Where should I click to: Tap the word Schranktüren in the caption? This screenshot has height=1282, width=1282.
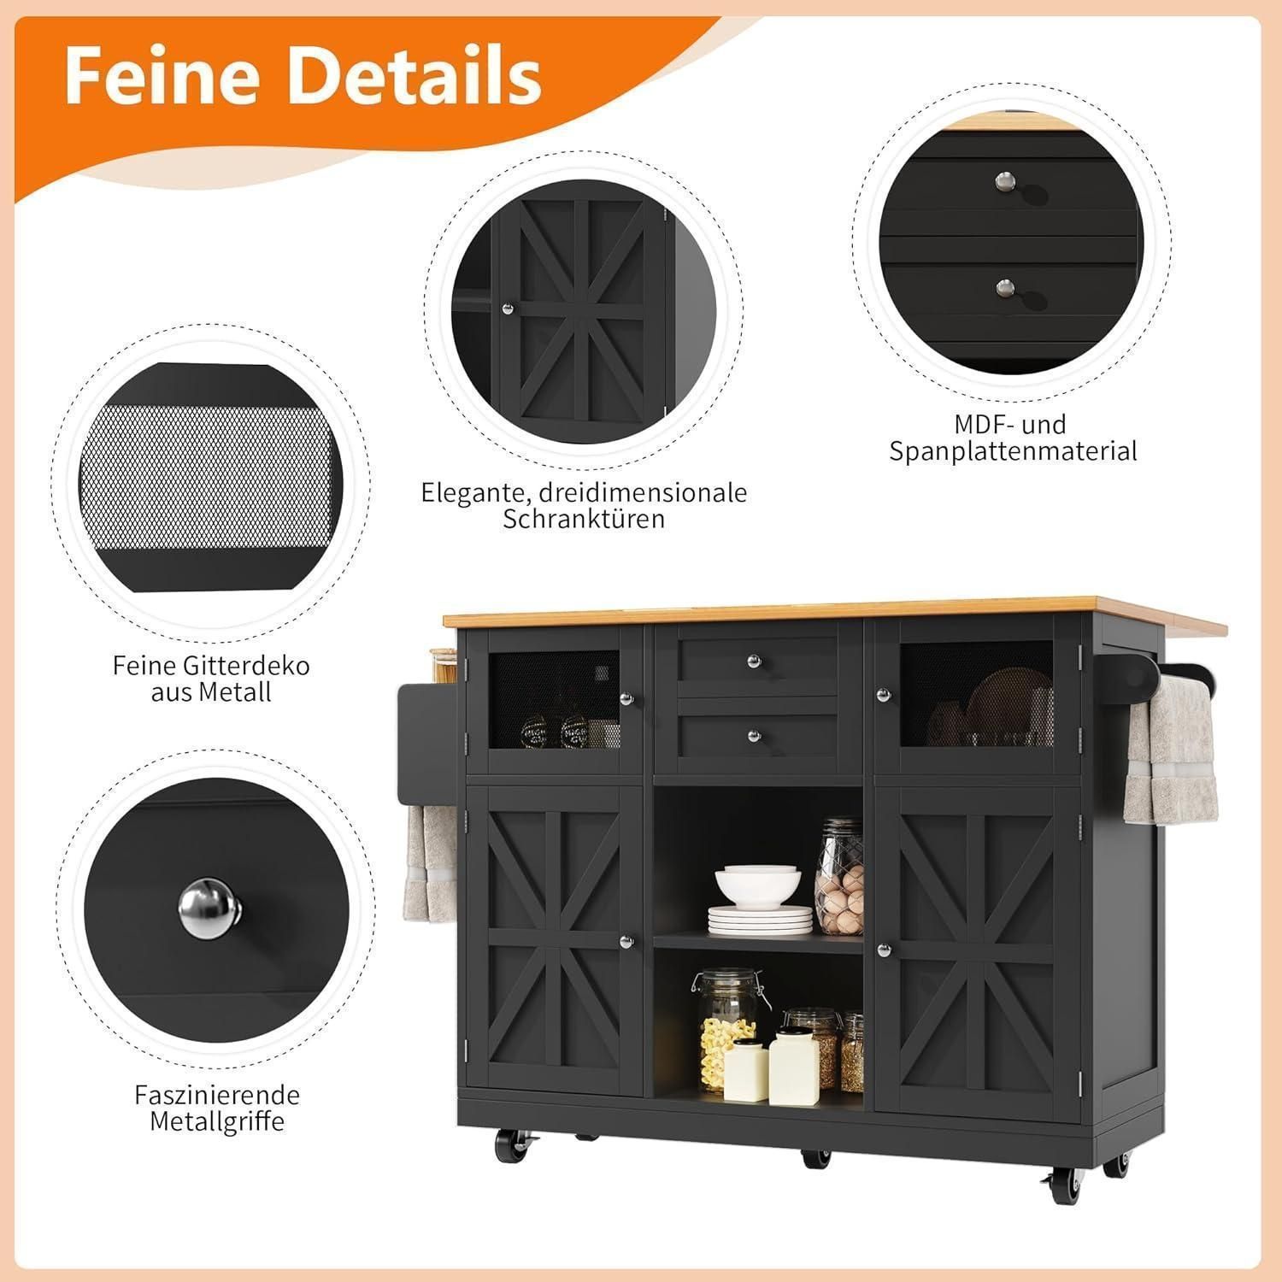(x=584, y=519)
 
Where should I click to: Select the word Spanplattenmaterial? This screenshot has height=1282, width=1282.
(x=1014, y=451)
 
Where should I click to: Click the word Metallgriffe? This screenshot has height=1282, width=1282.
(x=216, y=1120)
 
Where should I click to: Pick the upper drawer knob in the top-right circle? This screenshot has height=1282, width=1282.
(x=1003, y=180)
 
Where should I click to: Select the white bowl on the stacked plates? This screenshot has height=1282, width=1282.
(x=758, y=885)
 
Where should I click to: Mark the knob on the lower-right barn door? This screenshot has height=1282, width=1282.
(x=882, y=950)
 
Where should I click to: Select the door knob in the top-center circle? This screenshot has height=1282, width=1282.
(x=507, y=309)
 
